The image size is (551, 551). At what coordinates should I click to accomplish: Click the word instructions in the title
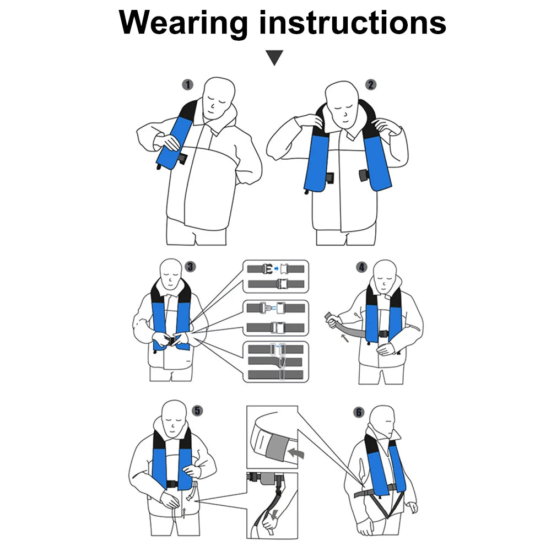pyautogui.click(x=353, y=22)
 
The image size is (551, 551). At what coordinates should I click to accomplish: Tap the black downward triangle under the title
pyautogui.click(x=274, y=58)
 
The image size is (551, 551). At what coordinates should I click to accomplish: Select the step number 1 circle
pyautogui.click(x=188, y=85)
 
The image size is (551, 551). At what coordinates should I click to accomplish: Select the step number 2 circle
pyautogui.click(x=371, y=85)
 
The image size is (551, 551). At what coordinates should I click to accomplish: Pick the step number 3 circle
pyautogui.click(x=190, y=267)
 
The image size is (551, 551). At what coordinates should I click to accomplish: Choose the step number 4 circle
pyautogui.click(x=361, y=267)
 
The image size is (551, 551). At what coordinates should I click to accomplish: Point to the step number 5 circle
pyautogui.click(x=197, y=410)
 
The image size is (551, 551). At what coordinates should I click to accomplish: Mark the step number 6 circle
pyautogui.click(x=359, y=412)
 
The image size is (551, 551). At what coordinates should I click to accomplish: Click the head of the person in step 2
pyautogui.click(x=343, y=104)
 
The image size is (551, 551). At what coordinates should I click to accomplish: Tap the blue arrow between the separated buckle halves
pyautogui.click(x=276, y=269)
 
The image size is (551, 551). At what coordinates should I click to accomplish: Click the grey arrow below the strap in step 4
pyautogui.click(x=345, y=338)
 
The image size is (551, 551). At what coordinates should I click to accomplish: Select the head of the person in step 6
pyautogui.click(x=383, y=421)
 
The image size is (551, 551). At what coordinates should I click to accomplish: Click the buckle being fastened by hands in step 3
pyautogui.click(x=172, y=341)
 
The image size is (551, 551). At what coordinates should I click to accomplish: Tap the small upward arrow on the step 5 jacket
pyautogui.click(x=184, y=512)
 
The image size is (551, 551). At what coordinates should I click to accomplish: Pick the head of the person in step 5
pyautogui.click(x=174, y=418)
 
